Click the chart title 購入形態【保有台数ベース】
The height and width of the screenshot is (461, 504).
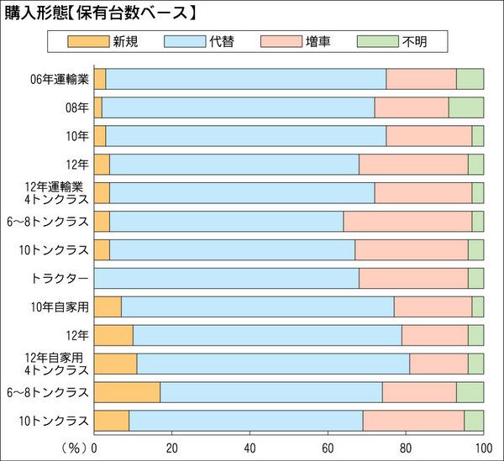point(101,12)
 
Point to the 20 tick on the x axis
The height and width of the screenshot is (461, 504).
point(172,447)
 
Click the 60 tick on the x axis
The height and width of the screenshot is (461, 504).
point(328,447)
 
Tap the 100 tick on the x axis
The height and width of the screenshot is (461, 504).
point(483,447)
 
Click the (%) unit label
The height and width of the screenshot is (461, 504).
point(74,447)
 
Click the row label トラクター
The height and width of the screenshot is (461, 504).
point(61,278)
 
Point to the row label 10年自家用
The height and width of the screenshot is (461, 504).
point(61,306)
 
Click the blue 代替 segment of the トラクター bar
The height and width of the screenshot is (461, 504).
point(227,278)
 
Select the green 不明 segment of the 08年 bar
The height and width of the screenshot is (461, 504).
point(466,107)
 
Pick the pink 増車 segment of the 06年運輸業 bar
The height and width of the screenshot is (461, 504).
point(421,79)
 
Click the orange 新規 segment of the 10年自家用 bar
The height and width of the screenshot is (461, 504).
point(108,306)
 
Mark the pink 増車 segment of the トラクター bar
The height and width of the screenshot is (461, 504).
point(413,278)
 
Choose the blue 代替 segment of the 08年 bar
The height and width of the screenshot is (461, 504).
point(238,107)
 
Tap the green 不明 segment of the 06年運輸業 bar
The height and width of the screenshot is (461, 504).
point(470,79)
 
